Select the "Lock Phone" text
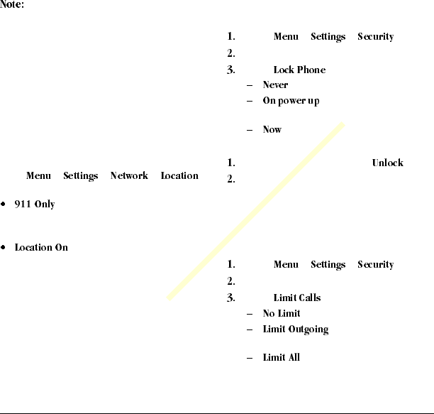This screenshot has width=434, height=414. pos(299,70)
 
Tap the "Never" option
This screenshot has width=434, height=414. pos(275,85)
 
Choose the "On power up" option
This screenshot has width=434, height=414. pos(291,101)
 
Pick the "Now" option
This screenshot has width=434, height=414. pos(272,130)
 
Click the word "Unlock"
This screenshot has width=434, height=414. pos(387,163)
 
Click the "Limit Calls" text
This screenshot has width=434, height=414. pos(296,298)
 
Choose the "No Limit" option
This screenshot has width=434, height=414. pos(282,314)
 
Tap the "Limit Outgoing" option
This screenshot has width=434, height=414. pos(295,329)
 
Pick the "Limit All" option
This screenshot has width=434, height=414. pos(281,357)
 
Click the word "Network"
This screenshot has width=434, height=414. pos(129,176)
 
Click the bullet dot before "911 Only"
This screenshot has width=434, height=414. pos(5,205)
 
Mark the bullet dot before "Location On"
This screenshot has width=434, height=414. pos(5,248)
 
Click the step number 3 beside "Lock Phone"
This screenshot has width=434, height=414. pos(231,70)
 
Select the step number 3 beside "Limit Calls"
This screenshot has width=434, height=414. pos(231,298)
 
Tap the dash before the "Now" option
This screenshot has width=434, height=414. pos(250,130)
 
